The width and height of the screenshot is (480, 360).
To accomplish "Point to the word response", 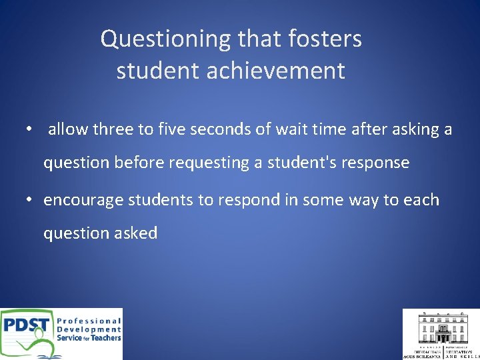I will (377, 163).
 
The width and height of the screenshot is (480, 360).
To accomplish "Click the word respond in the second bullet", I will (239, 200).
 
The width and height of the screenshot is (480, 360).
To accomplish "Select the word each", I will (421, 200).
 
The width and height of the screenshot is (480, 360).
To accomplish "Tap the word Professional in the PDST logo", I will (89, 321).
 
